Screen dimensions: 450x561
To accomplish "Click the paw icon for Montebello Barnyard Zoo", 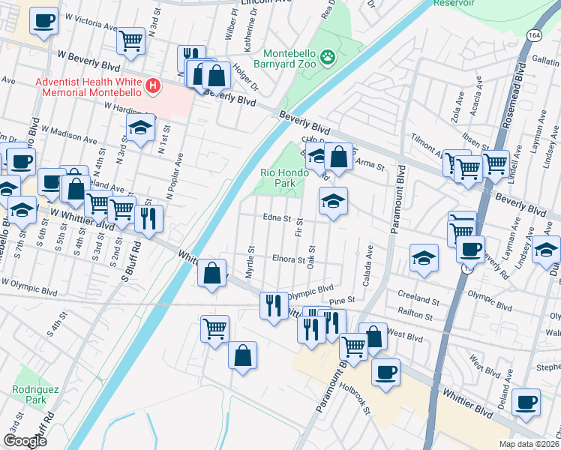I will [328, 57].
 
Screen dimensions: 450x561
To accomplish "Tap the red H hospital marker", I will [154, 85].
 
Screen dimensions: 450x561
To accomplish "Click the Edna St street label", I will [277, 218].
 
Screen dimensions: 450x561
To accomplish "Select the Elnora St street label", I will [287, 260].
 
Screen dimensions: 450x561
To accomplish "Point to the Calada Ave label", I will [369, 259].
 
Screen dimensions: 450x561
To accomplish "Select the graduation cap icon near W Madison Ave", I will [140, 128].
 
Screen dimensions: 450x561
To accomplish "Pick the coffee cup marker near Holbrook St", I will [385, 372].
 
